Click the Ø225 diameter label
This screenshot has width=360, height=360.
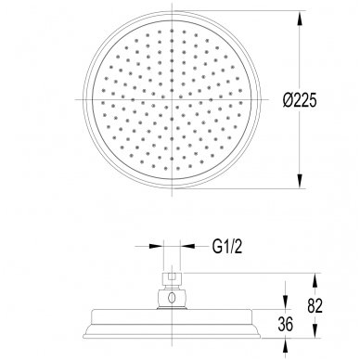(300, 100)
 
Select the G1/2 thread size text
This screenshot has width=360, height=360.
(227, 247)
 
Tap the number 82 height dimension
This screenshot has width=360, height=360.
(315, 305)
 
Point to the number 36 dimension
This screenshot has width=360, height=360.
(285, 325)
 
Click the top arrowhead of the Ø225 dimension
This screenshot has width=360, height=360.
(300, 19)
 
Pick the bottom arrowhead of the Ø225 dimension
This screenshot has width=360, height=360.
(300, 180)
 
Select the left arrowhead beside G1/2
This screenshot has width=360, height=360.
(156, 246)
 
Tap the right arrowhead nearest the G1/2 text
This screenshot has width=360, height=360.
(187, 246)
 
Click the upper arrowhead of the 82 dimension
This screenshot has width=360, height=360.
(315, 282)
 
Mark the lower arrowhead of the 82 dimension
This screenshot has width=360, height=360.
(315, 329)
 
